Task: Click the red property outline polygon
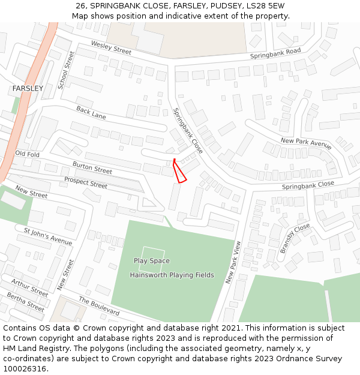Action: point(179,172)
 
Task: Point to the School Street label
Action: point(66,71)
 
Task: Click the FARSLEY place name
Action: point(28,88)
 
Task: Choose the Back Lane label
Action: point(91,112)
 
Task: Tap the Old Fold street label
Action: point(27,154)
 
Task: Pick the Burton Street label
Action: point(92,167)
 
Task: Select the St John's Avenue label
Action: point(48,236)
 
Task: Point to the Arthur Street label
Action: point(29,288)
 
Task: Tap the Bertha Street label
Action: point(25,301)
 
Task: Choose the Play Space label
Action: point(151,261)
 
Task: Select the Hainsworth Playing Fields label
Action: point(172,275)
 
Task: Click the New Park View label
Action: point(233,262)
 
